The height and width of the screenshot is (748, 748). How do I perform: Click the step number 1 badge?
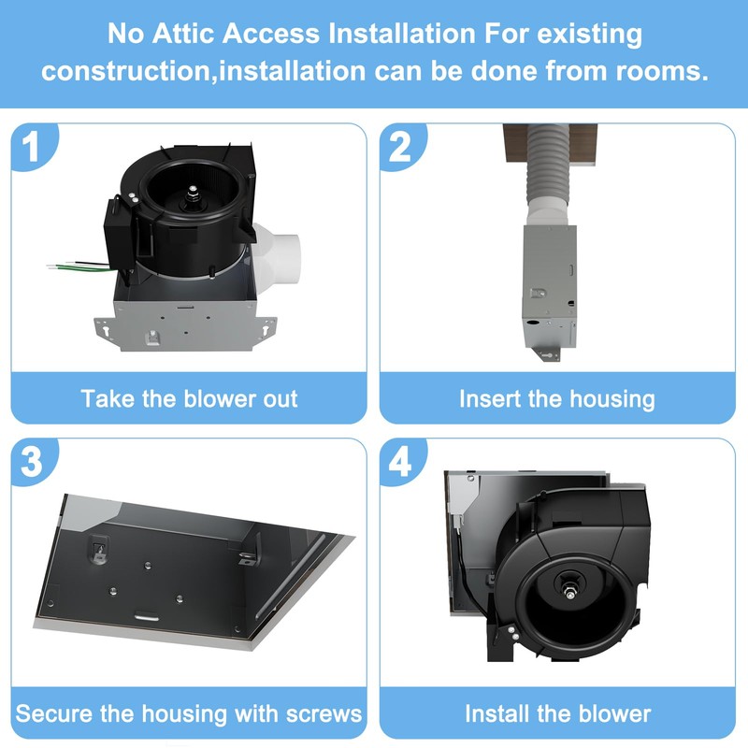tap(31, 149)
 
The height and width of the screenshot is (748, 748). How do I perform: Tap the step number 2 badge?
tap(400, 149)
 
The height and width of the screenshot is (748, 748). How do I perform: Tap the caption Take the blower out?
tap(189, 398)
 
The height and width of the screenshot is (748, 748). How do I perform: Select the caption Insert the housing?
tap(557, 398)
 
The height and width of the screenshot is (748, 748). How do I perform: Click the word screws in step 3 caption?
tap(314, 713)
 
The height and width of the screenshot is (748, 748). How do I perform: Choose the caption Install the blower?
tap(557, 713)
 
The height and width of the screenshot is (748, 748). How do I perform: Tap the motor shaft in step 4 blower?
tap(568, 591)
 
